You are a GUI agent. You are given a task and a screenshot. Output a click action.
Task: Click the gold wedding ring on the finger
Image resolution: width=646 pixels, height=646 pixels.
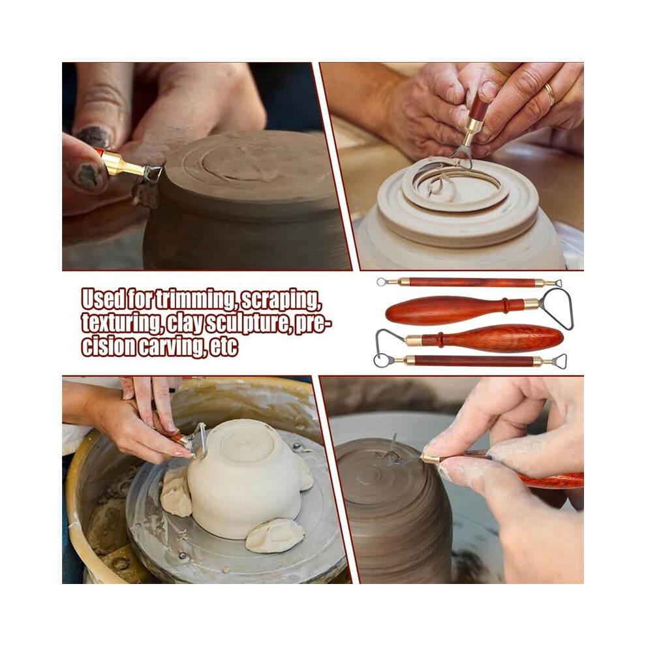click(x=550, y=95)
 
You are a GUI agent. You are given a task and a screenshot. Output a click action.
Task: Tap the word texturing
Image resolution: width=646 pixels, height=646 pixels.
click(x=121, y=322)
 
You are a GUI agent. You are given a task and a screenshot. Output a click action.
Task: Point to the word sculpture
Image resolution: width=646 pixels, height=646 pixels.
click(x=244, y=323)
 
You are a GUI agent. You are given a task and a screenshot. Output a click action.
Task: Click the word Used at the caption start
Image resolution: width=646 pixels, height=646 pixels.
click(x=103, y=299)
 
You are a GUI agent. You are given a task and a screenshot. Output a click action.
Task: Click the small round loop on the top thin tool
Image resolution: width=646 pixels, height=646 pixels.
click(x=382, y=282)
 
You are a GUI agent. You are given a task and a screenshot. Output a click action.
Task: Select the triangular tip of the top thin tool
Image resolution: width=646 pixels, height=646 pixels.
click(x=557, y=283)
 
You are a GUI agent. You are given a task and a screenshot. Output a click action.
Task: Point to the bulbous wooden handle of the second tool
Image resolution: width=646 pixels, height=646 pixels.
click(x=444, y=310)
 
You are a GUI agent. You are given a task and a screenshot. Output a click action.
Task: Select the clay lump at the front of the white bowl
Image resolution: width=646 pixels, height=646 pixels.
click(x=275, y=535)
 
